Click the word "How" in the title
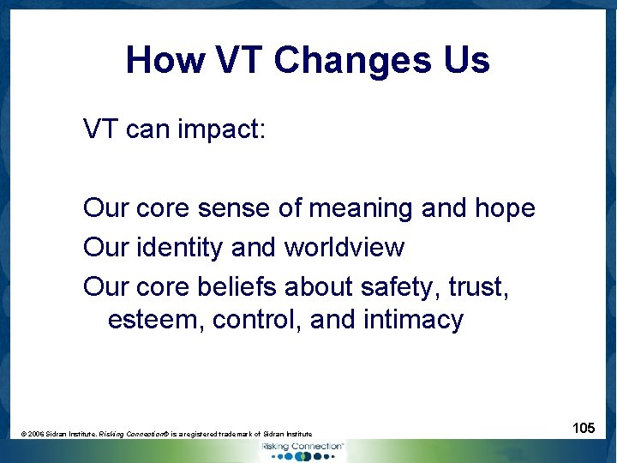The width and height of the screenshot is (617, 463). [163, 61]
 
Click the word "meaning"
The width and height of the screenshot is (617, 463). [360, 208]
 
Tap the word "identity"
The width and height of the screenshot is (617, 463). [183, 248]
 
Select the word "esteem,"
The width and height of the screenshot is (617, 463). [155, 320]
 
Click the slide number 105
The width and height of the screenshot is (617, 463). [584, 427]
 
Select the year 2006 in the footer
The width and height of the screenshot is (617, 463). [36, 435]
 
